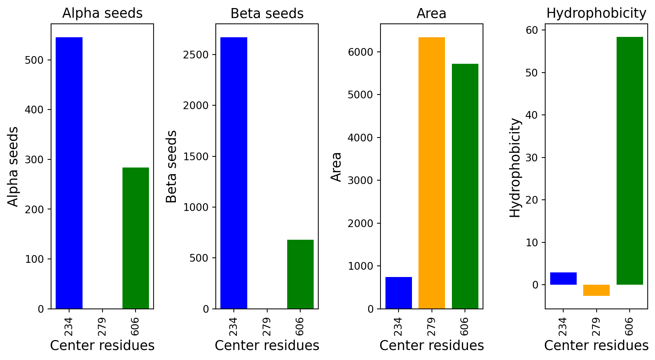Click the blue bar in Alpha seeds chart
point(69,173)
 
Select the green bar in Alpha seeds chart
point(136,238)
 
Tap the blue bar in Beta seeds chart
point(234,173)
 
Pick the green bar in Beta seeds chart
point(300,274)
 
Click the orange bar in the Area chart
point(432,173)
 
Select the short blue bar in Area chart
point(399,293)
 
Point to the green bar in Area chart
point(465,186)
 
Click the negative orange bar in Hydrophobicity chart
point(596,290)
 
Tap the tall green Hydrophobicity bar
point(630,161)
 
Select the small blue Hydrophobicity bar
point(563,278)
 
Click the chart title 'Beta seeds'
point(267,13)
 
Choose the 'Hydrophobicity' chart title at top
point(596,13)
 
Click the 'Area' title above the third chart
point(432,13)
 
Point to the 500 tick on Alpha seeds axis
point(34,60)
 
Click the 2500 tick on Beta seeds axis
point(196,55)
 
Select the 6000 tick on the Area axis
point(361,52)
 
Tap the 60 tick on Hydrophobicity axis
point(532,30)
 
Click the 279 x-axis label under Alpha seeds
point(102,326)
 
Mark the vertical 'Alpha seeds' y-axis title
point(13,167)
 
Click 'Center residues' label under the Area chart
point(432,346)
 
